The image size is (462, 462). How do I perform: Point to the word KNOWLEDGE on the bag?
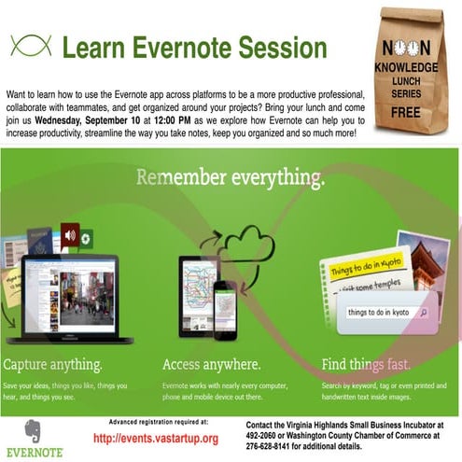405,68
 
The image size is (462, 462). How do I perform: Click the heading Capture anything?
53,363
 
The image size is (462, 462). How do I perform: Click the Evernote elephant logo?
35,432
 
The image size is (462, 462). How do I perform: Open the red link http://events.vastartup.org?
156,438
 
